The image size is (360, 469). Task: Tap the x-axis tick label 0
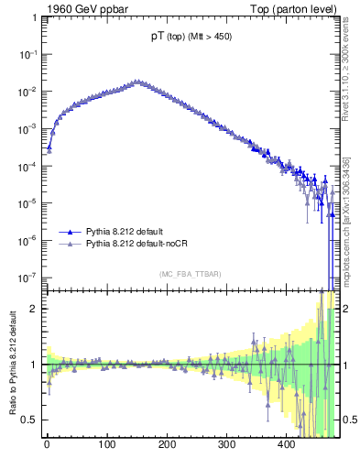(47, 444)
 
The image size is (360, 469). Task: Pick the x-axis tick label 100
(106, 444)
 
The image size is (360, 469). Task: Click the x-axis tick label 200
(167, 444)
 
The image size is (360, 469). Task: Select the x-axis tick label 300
(226, 444)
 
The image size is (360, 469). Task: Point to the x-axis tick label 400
(286, 444)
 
